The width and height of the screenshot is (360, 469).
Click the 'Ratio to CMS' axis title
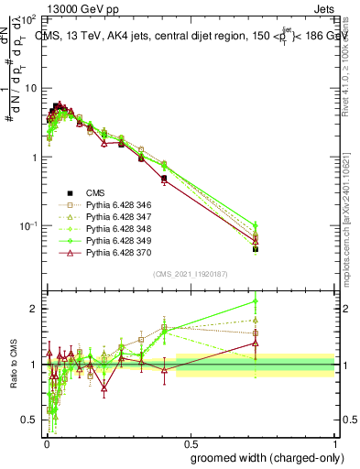(x=13, y=365)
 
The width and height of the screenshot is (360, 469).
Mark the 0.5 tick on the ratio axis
(x=29, y=420)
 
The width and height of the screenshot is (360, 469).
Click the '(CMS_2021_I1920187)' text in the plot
(x=191, y=273)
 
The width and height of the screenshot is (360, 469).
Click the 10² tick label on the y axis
(x=27, y=19)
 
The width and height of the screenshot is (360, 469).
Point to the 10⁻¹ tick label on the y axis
(x=27, y=226)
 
